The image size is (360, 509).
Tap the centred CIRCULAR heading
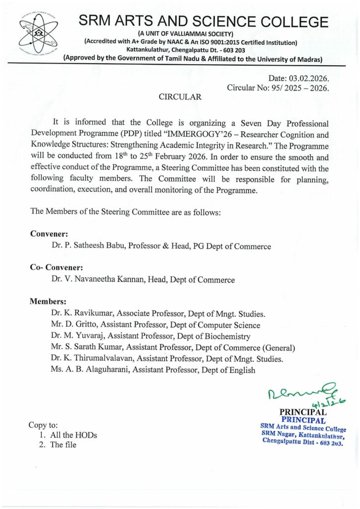180,97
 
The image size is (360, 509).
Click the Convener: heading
49,234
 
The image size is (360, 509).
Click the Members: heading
48,301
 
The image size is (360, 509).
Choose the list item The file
63,445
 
